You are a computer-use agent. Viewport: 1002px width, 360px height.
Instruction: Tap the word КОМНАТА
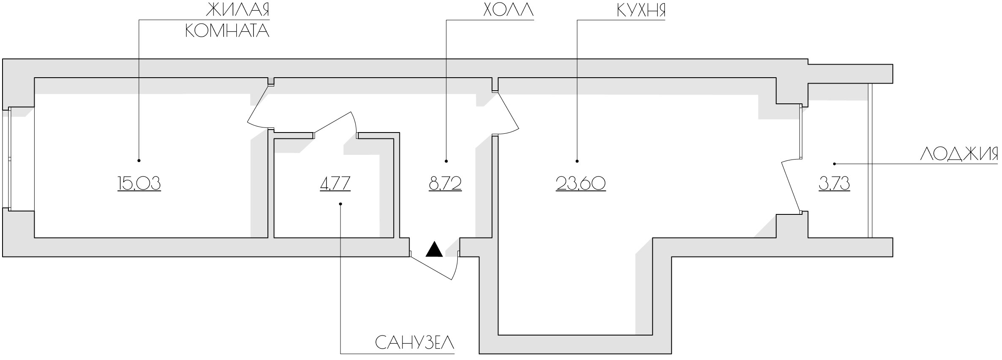(x=227, y=30)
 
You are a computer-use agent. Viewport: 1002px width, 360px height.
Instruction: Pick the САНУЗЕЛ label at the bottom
(x=415, y=343)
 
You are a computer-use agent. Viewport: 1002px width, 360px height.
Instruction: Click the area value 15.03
(x=139, y=184)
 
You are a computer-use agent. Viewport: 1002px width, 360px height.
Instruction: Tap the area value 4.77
(x=335, y=184)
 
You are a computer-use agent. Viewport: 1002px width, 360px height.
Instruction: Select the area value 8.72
(x=446, y=184)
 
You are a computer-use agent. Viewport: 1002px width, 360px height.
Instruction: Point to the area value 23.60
(x=581, y=184)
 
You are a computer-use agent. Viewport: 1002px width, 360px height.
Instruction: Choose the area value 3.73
(x=835, y=184)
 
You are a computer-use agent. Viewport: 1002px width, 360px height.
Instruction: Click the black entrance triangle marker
(x=434, y=249)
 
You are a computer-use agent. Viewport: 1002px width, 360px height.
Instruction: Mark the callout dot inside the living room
(x=139, y=160)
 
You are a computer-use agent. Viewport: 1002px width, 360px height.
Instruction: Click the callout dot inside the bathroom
(x=340, y=204)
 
